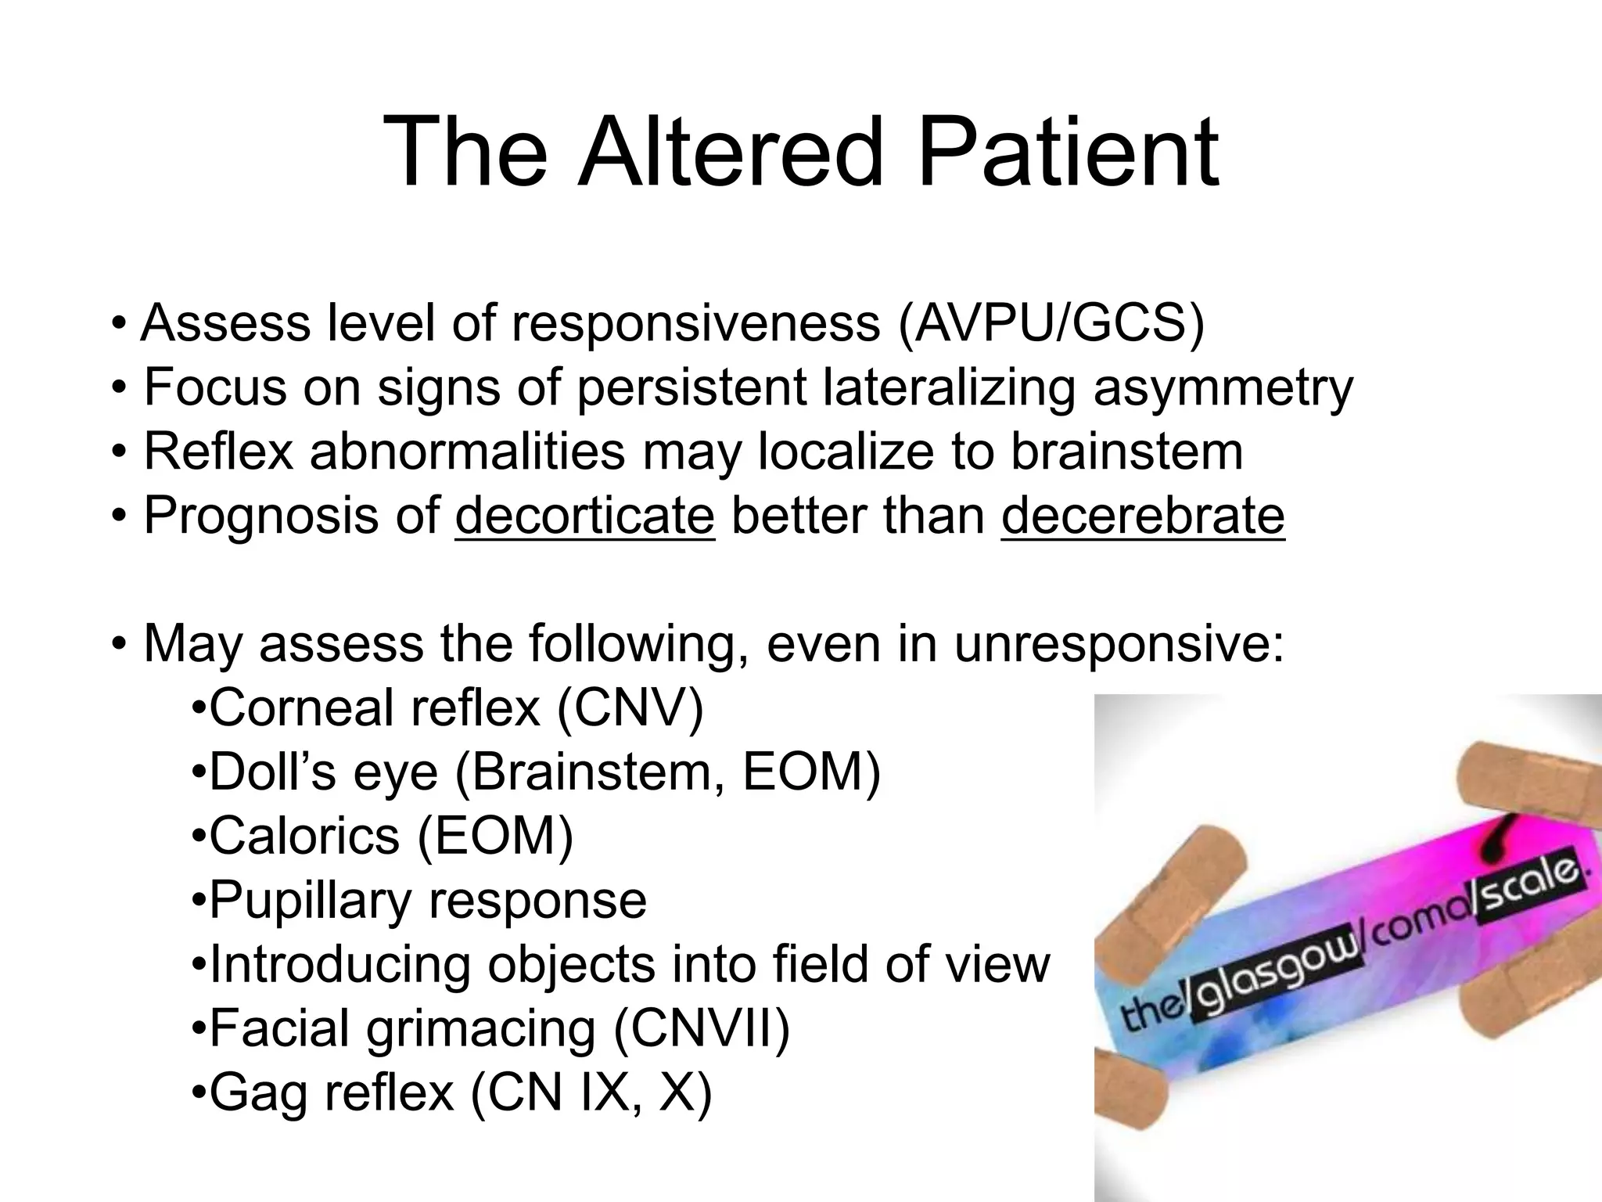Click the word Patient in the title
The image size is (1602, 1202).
tap(1067, 153)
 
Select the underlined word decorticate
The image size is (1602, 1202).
tap(584, 516)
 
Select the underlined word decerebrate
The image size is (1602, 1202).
tap(1142, 516)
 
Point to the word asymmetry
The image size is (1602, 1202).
tap(1223, 387)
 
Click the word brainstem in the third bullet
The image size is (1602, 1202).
tap(1126, 452)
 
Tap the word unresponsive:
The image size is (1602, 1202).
tap(1119, 644)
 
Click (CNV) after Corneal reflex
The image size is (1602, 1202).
tap(630, 708)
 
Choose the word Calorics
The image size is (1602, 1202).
tap(304, 837)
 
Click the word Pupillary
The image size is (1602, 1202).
tap(310, 901)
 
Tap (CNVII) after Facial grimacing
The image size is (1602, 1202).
tap(702, 1029)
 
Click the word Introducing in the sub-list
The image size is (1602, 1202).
tap(340, 965)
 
